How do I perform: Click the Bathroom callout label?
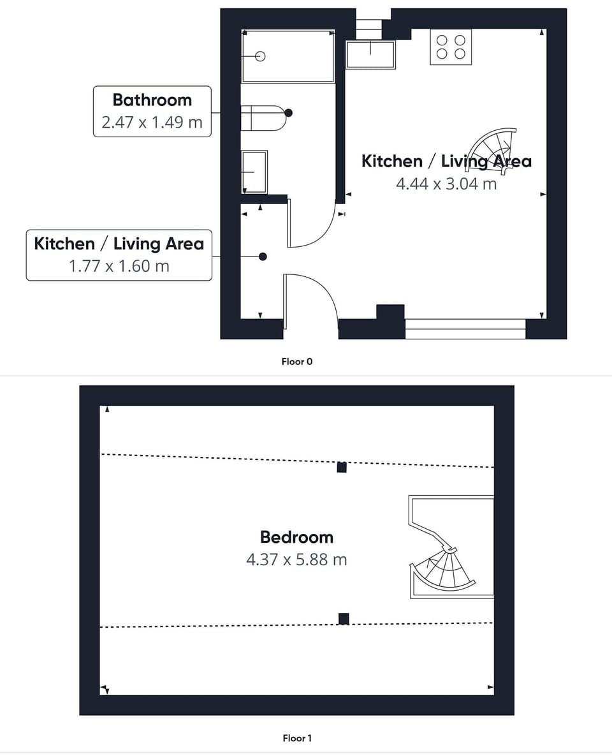(x=152, y=100)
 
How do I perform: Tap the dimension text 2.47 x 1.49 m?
(x=152, y=122)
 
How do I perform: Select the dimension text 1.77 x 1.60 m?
(x=119, y=265)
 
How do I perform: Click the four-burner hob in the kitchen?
(x=451, y=47)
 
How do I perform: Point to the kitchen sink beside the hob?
(x=370, y=54)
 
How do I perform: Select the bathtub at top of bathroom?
(x=288, y=56)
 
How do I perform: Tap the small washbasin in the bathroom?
(x=254, y=172)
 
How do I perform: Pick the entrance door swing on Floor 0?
(x=312, y=300)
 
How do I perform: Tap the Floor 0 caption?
(x=297, y=362)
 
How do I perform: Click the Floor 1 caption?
(x=297, y=738)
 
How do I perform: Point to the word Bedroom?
(x=296, y=537)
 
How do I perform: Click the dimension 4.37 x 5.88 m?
(x=296, y=560)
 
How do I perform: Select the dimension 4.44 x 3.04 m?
(x=446, y=184)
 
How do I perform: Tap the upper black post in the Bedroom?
(x=342, y=467)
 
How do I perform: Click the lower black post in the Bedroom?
(x=344, y=618)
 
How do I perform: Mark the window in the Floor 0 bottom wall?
(x=465, y=329)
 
